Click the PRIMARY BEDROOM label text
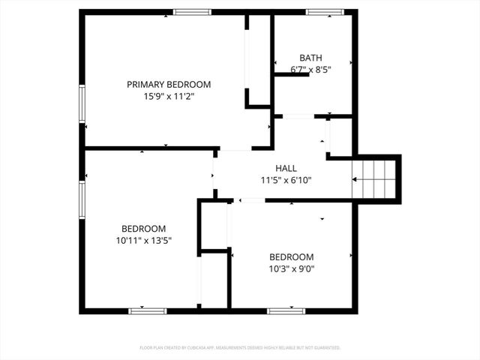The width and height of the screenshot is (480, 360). tap(168, 85)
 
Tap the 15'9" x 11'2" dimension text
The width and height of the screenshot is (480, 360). tap(168, 96)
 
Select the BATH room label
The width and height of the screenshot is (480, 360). tap(310, 58)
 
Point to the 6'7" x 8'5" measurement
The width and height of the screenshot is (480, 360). tap(310, 69)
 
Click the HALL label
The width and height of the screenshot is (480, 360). tap(286, 169)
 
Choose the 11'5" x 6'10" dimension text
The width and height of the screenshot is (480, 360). tap(286, 180)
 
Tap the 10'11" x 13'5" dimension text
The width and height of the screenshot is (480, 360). tap(144, 240)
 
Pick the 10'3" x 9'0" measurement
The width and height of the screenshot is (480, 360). tap(292, 268)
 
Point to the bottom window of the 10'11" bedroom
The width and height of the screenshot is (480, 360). tap(147, 310)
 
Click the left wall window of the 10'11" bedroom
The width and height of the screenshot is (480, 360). tap(82, 199)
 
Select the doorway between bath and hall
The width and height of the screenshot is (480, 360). tap(298, 116)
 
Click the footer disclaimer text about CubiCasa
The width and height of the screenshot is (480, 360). tap(240, 347)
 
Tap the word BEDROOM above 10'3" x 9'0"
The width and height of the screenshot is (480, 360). tap(292, 256)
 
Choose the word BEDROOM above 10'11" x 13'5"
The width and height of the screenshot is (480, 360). tap(144, 229)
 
